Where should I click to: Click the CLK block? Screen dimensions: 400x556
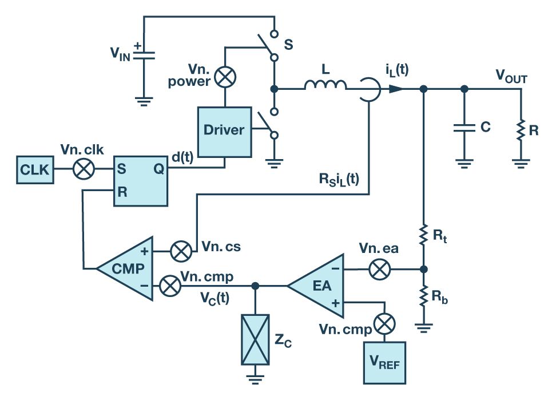tap(35, 169)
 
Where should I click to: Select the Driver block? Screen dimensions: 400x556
tap(224, 130)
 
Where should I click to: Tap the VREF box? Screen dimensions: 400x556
tap(384, 362)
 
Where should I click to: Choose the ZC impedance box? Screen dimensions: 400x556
tap(255, 339)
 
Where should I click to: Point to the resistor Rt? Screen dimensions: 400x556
tap(424, 235)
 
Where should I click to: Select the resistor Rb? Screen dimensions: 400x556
tap(424, 296)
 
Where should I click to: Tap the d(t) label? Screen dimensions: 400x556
tap(184, 155)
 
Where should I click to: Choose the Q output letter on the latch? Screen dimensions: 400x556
tap(158, 169)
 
